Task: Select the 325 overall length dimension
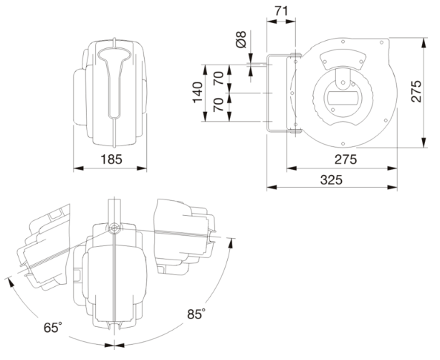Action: [331, 180]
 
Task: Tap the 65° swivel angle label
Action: [52, 327]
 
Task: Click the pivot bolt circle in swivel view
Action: [114, 227]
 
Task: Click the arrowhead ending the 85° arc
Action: [231, 242]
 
